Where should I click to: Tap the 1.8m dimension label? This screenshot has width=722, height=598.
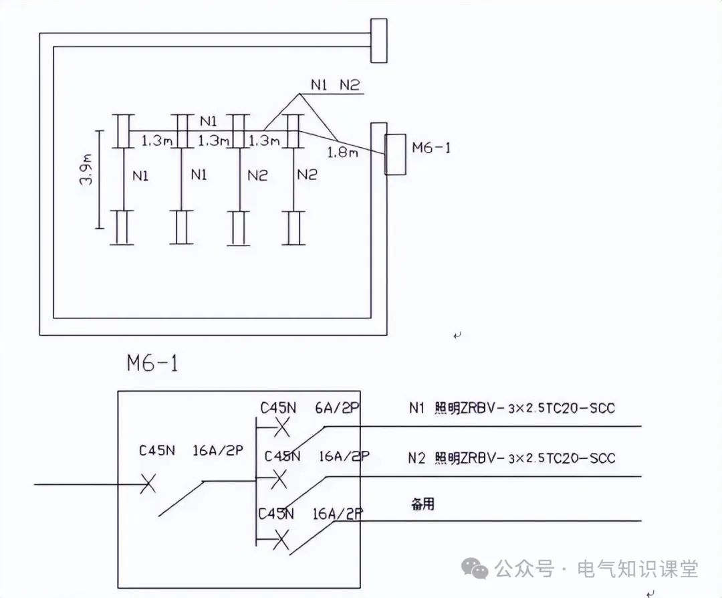(x=342, y=153)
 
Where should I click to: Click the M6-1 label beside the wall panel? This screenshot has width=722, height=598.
(x=431, y=148)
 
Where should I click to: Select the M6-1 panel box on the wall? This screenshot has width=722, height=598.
(x=396, y=155)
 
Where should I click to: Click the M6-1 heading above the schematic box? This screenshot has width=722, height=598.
(x=152, y=363)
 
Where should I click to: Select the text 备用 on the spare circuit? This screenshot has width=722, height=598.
(x=423, y=504)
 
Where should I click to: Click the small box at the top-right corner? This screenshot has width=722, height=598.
(x=378, y=40)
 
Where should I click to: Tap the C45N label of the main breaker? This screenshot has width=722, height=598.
(x=156, y=450)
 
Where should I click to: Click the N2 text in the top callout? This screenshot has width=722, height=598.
(x=349, y=85)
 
